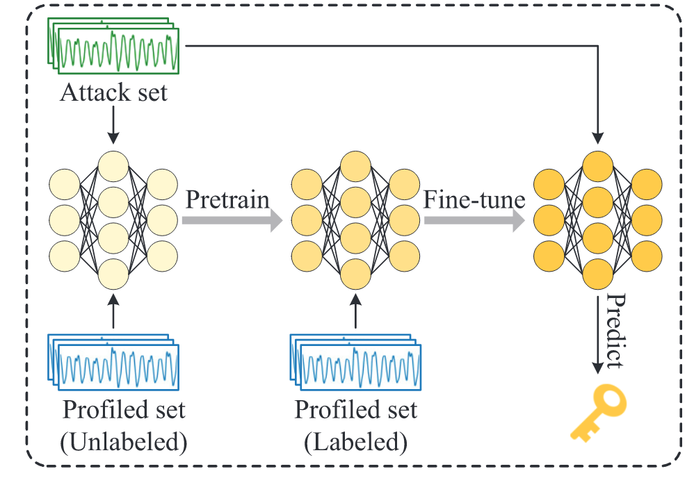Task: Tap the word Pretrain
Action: (227, 200)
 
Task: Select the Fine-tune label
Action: (474, 200)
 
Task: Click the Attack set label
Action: (114, 92)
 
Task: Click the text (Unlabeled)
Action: (124, 442)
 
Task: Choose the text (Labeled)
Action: (355, 442)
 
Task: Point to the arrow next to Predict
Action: (597, 333)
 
